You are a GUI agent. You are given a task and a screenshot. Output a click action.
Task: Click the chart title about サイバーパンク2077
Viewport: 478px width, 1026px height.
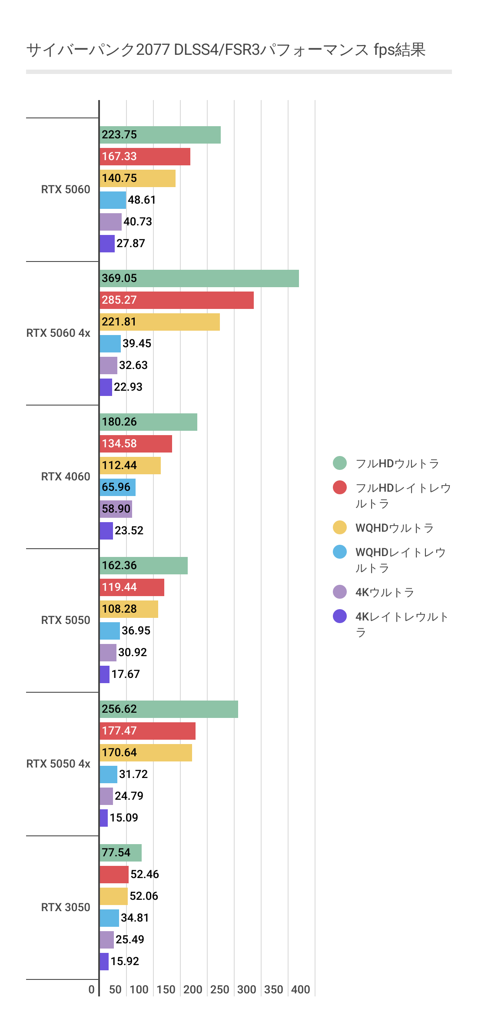226,50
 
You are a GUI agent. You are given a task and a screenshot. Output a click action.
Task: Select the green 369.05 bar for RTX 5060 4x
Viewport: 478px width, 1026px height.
199,278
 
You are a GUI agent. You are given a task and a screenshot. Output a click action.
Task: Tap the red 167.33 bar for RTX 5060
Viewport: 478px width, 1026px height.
145,157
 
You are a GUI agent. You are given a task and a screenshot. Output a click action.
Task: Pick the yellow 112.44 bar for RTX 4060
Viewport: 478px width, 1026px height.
130,466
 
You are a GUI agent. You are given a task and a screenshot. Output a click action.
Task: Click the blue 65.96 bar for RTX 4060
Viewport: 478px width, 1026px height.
117,487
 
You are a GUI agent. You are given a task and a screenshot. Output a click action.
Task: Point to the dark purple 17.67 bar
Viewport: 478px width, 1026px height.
104,674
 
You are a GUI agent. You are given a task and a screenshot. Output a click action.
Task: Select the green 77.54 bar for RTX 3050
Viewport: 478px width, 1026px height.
120,853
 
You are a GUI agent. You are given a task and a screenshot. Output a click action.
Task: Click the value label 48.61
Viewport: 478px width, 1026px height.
142,200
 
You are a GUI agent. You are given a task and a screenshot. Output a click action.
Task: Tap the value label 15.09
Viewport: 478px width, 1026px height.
124,818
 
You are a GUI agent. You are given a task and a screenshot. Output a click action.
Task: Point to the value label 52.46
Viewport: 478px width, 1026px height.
145,875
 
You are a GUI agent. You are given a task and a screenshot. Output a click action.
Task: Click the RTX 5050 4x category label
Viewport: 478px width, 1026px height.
58,764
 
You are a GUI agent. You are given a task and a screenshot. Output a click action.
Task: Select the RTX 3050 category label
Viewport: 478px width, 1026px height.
66,907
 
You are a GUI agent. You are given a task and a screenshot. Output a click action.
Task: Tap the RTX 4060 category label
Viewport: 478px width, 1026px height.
66,476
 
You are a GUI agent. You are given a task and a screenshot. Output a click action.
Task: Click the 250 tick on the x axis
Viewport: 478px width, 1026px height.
219,989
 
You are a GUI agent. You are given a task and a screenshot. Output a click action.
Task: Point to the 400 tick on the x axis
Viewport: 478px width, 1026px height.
300,989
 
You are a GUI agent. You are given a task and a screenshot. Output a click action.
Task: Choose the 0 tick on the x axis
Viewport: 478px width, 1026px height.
91,989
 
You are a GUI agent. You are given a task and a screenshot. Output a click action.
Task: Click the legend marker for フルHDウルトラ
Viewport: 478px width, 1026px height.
340,463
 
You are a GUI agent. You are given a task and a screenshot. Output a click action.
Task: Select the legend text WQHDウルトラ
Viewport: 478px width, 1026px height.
395,528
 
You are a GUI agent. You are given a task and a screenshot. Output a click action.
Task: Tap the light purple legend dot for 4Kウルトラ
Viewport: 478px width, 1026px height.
340,592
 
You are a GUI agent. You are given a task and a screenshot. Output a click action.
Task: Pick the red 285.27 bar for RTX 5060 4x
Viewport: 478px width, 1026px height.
176,300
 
